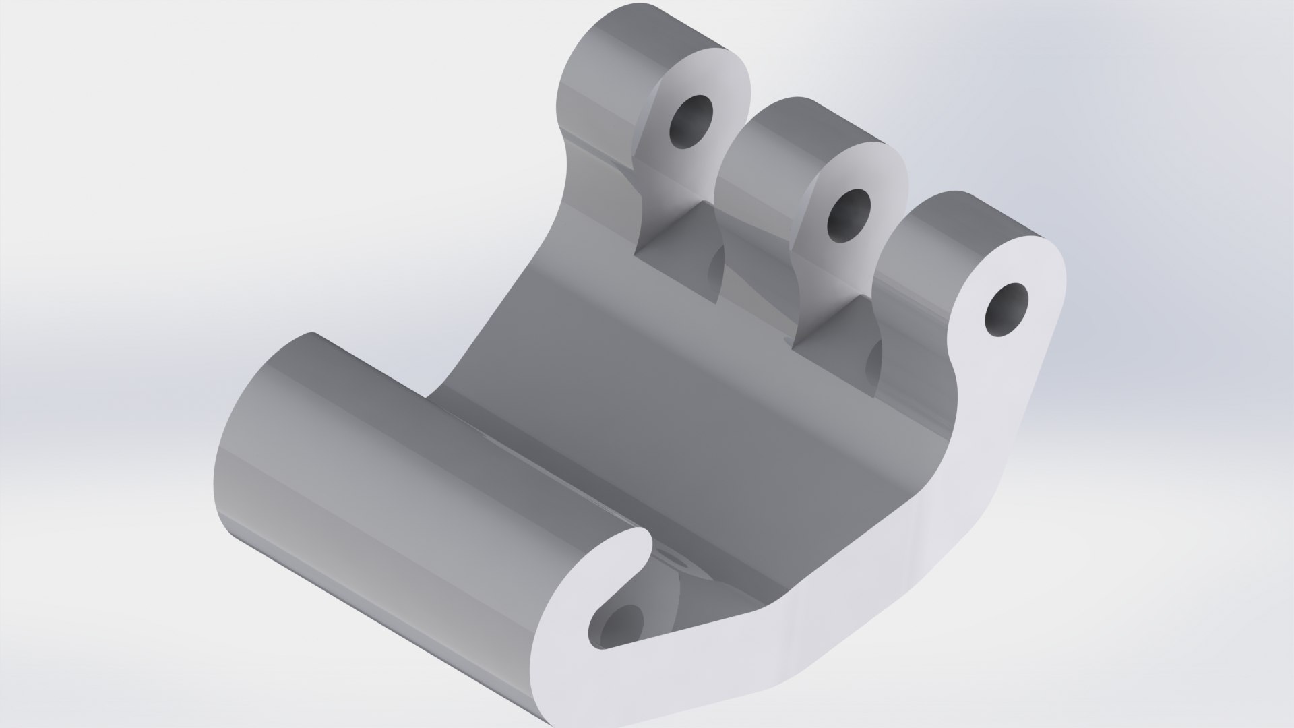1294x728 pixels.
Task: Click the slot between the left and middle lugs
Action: pos(681,263)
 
